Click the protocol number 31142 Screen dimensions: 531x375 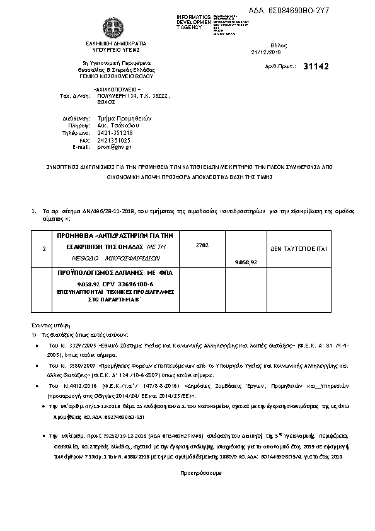point(316,66)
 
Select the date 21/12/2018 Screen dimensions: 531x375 point(263,52)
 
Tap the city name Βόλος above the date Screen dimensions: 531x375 point(278,45)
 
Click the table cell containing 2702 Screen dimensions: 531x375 point(202,244)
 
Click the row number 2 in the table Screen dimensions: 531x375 point(43,249)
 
